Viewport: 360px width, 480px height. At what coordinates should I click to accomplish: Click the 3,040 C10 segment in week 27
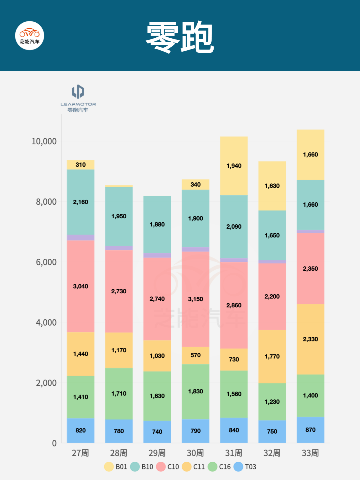point(80,286)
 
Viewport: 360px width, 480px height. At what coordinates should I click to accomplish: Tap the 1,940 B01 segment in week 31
point(234,166)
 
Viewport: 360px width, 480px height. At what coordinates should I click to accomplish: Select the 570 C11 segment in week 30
point(195,355)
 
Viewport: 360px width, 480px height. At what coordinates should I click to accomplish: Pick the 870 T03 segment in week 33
point(310,430)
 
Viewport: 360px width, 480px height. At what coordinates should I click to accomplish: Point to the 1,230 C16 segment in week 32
point(272,402)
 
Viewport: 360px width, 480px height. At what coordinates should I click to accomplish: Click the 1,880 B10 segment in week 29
point(157,224)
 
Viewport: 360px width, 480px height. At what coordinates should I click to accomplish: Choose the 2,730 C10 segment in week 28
point(119,291)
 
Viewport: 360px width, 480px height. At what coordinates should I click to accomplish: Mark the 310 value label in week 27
point(80,165)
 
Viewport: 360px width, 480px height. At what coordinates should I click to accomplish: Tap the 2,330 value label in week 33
point(310,339)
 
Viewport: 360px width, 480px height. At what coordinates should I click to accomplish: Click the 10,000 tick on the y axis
point(44,141)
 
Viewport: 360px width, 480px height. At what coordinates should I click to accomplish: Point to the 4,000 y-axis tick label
point(46,323)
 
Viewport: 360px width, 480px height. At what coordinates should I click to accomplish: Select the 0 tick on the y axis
point(54,443)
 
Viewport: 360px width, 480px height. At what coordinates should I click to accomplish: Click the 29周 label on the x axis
point(157,453)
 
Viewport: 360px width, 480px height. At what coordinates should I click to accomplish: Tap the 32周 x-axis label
point(272,453)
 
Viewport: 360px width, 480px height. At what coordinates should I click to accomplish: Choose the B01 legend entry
point(116,467)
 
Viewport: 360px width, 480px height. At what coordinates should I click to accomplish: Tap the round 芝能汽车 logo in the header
point(30,36)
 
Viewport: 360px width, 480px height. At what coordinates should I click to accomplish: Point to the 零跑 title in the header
point(180,37)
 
